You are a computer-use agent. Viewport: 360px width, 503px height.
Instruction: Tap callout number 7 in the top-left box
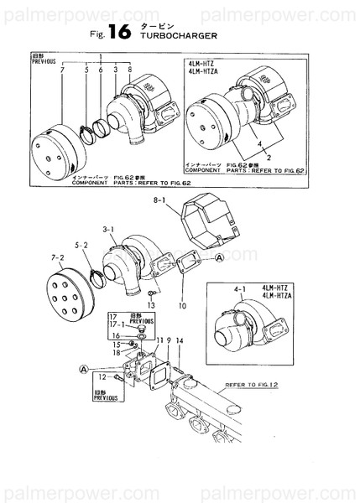(x=63, y=71)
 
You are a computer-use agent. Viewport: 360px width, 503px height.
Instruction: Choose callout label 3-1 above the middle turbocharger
(x=108, y=227)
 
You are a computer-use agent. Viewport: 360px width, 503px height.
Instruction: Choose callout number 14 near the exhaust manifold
(x=179, y=341)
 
